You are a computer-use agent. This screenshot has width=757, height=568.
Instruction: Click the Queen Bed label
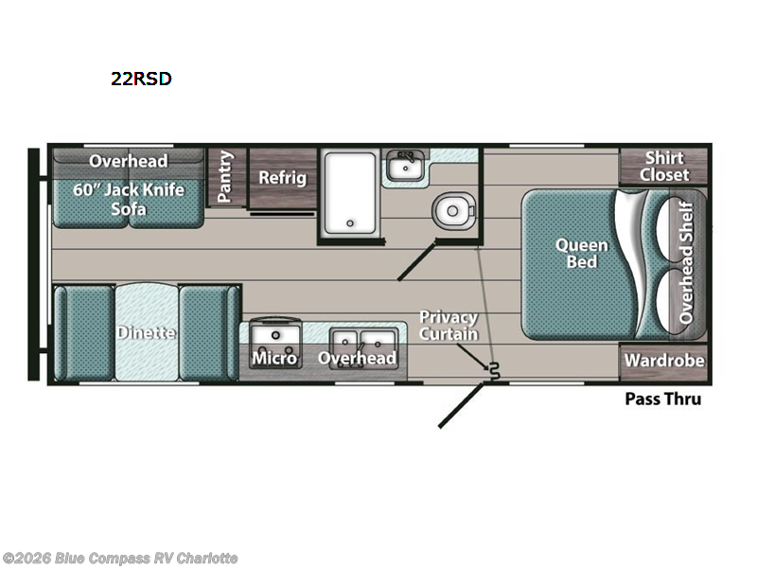(581, 253)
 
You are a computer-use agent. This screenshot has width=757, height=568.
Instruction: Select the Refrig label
(282, 177)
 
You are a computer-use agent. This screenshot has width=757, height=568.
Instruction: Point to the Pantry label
(225, 177)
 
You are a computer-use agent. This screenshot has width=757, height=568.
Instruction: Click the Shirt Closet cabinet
(664, 167)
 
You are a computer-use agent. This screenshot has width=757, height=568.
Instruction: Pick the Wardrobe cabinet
(664, 360)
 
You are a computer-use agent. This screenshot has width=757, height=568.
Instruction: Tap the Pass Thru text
(663, 399)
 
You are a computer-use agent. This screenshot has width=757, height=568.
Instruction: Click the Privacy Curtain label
(449, 325)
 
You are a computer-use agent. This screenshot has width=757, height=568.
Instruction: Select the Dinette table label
(148, 332)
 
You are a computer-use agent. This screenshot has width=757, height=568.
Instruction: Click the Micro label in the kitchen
(274, 357)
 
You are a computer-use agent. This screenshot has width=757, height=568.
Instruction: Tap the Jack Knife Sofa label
(129, 199)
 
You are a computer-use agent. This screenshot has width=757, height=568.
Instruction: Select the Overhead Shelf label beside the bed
(687, 262)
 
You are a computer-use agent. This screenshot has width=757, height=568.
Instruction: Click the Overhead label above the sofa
(129, 160)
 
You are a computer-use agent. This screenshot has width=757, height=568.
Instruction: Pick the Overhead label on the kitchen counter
(357, 357)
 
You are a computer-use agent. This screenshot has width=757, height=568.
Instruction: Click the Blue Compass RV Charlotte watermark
(120, 557)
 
